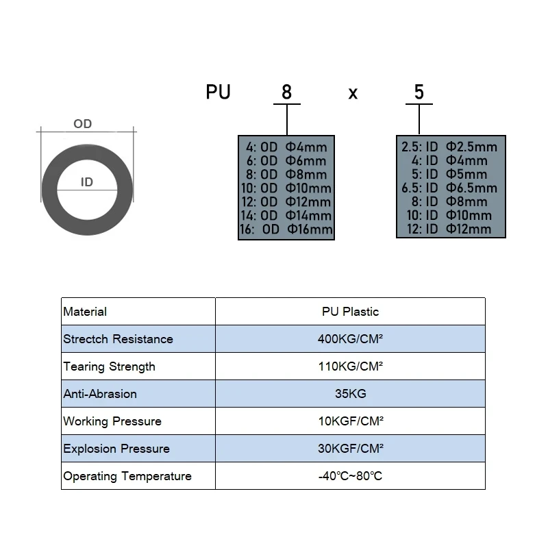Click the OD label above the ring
(82, 124)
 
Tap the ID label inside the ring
(87, 182)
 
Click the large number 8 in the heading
(286, 92)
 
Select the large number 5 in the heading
(419, 92)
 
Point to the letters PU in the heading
(218, 92)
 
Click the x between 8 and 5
(353, 94)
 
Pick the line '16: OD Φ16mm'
(286, 229)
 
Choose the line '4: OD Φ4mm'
(286, 147)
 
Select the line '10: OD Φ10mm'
(286, 188)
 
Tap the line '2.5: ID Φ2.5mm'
(449, 147)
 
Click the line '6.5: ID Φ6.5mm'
(449, 188)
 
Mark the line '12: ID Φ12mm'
(449, 229)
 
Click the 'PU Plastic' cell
(350, 312)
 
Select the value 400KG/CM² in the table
(350, 338)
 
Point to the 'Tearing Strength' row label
(109, 366)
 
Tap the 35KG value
(351, 393)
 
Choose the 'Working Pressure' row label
(112, 421)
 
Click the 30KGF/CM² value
(351, 449)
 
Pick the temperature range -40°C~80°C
(350, 476)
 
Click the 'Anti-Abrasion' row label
(100, 394)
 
